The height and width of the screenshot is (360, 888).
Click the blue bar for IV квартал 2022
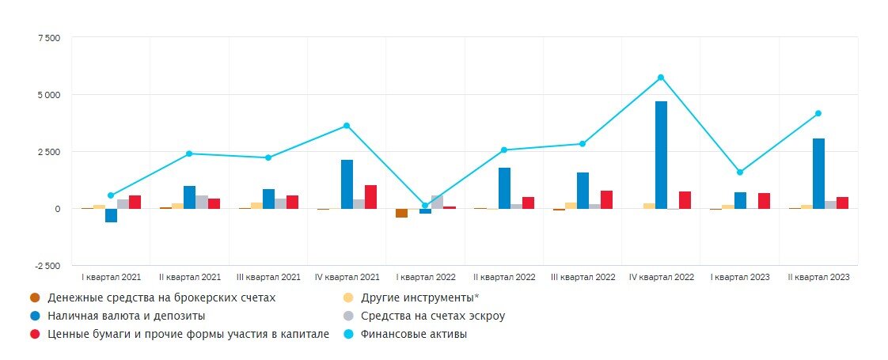661,155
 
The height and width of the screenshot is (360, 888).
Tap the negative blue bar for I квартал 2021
111,215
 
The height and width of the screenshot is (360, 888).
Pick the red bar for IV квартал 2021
371,197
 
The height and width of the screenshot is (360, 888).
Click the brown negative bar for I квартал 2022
401,213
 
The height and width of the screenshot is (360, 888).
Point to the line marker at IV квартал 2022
661,78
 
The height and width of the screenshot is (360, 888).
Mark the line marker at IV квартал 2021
347,126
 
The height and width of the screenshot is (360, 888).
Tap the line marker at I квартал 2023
739,172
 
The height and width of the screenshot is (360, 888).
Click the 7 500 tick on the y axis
48,38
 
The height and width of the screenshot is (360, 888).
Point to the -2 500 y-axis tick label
46,266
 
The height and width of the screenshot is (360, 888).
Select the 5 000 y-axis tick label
48,95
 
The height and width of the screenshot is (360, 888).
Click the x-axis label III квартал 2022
583,278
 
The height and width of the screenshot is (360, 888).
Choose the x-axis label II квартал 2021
189,278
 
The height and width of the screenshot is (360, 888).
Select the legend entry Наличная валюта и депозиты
115,316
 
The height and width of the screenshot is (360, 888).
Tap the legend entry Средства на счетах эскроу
432,316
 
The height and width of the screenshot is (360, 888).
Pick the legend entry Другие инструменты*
420,298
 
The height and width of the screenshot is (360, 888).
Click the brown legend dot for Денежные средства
34,298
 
